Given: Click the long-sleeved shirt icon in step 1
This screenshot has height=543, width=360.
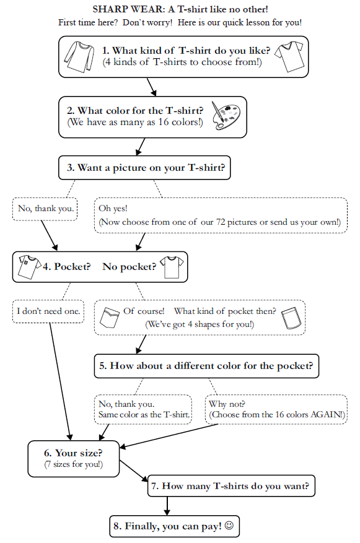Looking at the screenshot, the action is point(79,56).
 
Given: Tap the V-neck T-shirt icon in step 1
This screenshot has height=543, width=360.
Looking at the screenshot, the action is point(289,56).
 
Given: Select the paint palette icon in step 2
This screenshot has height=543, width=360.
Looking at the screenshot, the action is point(226,116).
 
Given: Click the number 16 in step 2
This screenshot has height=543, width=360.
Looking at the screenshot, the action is point(164,122).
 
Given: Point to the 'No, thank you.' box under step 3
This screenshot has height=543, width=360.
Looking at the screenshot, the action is point(45,209).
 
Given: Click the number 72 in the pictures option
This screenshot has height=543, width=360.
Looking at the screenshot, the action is point(221,222).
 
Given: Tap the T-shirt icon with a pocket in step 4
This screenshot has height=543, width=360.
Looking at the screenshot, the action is point(29,266).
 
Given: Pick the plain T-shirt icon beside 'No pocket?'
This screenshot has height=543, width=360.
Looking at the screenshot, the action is point(172,267).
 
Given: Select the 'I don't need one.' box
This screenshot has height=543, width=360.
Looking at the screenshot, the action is point(48,311).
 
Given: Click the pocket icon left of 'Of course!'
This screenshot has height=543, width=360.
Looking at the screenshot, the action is point(110,317).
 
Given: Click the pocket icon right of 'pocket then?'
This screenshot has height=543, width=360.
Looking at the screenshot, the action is point(291,318).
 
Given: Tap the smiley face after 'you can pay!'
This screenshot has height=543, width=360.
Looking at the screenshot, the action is point(229,525).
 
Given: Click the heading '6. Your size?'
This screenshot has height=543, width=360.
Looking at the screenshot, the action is point(73,453).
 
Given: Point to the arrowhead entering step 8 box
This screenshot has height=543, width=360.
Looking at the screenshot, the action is point(167,512).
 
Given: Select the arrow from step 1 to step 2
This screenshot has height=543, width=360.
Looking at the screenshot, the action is point(151,87).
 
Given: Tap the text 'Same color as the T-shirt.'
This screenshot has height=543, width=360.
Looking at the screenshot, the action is point(144,414).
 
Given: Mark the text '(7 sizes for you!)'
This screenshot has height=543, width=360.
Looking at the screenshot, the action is point(74,464).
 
